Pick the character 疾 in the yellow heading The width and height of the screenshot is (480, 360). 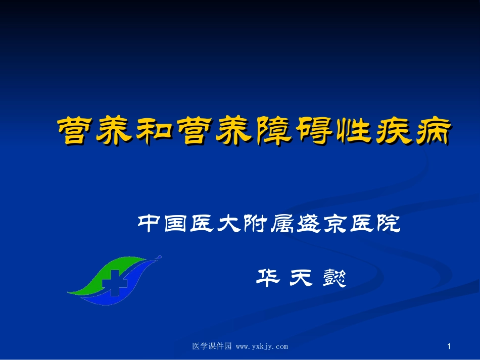tap(389, 132)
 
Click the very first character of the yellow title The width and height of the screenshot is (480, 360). tap(73, 132)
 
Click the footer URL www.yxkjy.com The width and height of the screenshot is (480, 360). tap(262, 346)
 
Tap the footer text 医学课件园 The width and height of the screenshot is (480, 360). tap(212, 346)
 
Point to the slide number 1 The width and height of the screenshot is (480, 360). tap(449, 346)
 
